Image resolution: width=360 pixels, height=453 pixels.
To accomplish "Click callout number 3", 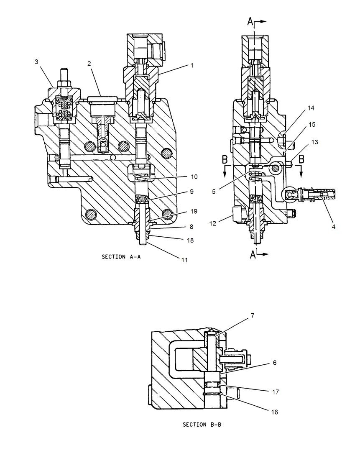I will pyautogui.click(x=36, y=62).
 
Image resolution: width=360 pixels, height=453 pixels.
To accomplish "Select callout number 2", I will pyautogui.click(x=89, y=64).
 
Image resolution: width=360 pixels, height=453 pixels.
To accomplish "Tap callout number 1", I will pyautogui.click(x=192, y=65).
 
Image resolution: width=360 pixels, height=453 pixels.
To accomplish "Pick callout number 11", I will pyautogui.click(x=184, y=260).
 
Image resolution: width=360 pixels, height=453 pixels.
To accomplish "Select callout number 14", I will pyautogui.click(x=311, y=108).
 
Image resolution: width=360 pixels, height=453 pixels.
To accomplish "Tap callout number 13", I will pyautogui.click(x=314, y=142).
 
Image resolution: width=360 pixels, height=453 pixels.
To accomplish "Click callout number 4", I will pyautogui.click(x=333, y=227).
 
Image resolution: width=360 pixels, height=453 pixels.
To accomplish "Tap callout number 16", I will pyautogui.click(x=274, y=412).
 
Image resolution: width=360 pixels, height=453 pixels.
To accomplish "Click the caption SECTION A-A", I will pyautogui.click(x=121, y=257).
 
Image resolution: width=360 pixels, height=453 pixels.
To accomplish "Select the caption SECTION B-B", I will pyautogui.click(x=202, y=425).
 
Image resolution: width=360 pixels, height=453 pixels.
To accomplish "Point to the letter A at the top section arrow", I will pyautogui.click(x=250, y=22).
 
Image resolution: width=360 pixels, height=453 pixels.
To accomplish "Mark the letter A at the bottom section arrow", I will pyautogui.click(x=253, y=254).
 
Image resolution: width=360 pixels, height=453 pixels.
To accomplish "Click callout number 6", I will pyautogui.click(x=275, y=363).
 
